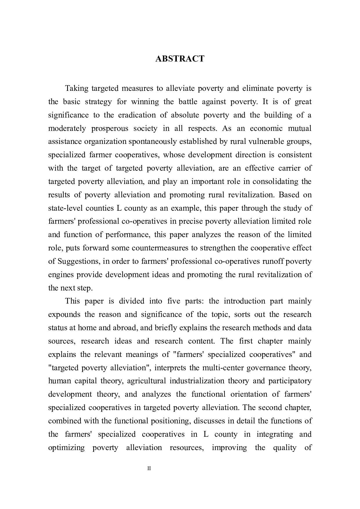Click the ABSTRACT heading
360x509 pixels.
(x=180, y=59)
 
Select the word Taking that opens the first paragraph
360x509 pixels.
(x=77, y=88)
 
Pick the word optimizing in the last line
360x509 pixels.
(x=66, y=447)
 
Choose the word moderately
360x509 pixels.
(x=67, y=128)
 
